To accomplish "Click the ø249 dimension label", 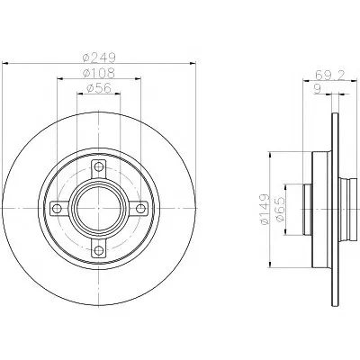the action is pyautogui.click(x=99, y=58).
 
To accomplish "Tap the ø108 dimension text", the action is pyautogui.click(x=99, y=73).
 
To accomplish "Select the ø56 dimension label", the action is pyautogui.click(x=99, y=88).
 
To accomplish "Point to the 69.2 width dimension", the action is pyautogui.click(x=330, y=75).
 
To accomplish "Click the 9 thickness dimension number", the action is pyautogui.click(x=318, y=89).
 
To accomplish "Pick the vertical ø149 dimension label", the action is pyautogui.click(x=265, y=209).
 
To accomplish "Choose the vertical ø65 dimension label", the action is pyautogui.click(x=280, y=209).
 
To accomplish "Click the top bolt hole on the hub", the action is pyautogui.click(x=98, y=166).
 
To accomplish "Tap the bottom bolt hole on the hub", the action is pyautogui.click(x=98, y=250).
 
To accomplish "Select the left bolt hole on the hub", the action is pyautogui.click(x=57, y=208).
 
